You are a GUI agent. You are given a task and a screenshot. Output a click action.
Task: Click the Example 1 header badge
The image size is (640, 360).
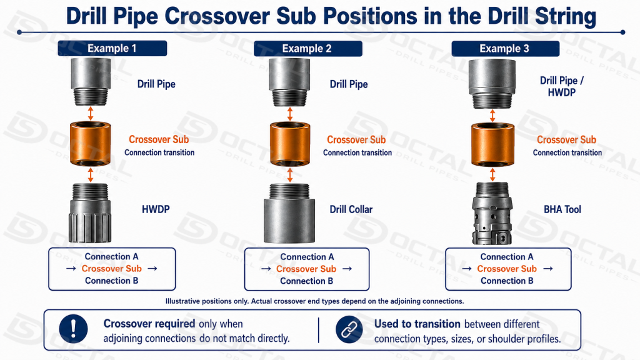coord(112,48)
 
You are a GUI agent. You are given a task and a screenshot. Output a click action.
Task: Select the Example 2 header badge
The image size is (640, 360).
coord(307,49)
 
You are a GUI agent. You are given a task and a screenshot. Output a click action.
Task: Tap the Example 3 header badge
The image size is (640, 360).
coord(505,49)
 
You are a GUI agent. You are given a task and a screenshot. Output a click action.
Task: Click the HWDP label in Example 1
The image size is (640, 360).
coord(156,209)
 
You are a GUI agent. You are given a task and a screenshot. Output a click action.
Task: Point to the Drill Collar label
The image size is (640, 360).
coord(351,209)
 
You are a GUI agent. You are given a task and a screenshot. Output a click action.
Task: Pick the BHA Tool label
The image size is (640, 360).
coord(562,209)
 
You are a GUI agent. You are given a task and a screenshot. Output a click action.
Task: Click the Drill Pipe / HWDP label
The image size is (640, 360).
coord(562,86)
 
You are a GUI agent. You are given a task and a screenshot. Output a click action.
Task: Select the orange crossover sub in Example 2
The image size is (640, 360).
coord(290,144)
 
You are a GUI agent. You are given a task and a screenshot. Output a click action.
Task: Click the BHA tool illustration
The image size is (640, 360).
coord(492,213)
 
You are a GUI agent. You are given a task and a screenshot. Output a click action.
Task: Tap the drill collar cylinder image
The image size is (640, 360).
coord(289,213)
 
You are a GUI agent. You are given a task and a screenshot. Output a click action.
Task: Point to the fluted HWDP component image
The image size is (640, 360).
coord(91,212)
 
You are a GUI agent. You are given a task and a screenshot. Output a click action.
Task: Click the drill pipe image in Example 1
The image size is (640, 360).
coord(91,82)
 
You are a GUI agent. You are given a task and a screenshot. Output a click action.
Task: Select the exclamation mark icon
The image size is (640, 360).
coord(73,329)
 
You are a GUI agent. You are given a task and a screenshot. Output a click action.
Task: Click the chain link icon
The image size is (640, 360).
coord(349,329)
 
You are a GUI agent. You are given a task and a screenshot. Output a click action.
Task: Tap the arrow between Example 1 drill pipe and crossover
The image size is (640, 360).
coord(91,114)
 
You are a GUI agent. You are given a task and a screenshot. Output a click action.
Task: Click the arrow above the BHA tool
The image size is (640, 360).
coord(492,174)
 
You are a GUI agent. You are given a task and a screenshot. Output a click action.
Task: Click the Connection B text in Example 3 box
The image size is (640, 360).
coord(507,281)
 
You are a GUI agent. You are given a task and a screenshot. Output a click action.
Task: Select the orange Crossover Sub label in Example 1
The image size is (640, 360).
coord(159,139)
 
